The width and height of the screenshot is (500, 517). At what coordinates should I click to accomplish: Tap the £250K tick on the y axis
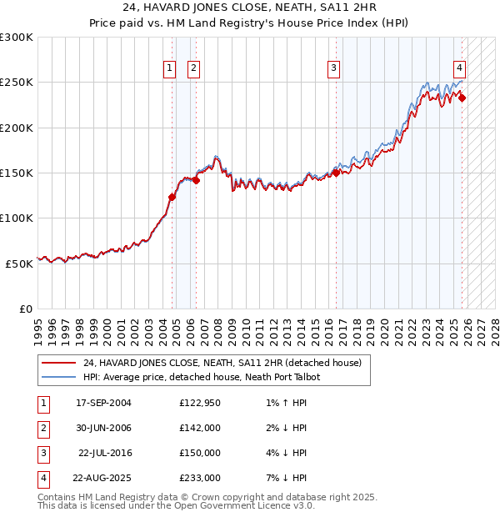(x=17, y=83)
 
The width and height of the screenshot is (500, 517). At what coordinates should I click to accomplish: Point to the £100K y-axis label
(x=17, y=218)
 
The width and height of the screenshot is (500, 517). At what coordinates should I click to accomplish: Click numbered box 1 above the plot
(x=170, y=68)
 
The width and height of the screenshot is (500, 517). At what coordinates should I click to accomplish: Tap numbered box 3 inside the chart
(x=333, y=68)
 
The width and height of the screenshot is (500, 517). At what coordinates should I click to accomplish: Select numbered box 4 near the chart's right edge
(x=459, y=68)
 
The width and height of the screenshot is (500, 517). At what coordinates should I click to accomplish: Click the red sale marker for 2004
(x=172, y=198)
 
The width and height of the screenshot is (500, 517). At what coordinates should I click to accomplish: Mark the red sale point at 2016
(x=337, y=173)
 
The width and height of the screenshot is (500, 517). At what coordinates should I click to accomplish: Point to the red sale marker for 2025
(x=463, y=98)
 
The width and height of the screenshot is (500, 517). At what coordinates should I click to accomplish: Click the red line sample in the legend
(x=59, y=363)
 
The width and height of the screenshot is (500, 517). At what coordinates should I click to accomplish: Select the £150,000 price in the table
(x=200, y=453)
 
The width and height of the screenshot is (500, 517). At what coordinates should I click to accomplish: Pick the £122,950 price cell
(x=200, y=403)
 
